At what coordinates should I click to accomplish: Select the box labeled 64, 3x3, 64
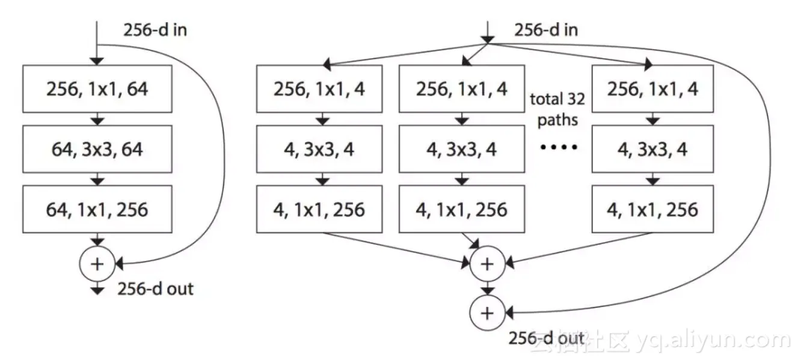(x=97, y=149)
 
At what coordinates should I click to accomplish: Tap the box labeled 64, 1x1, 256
(x=97, y=209)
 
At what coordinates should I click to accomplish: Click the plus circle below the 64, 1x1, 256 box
(x=97, y=263)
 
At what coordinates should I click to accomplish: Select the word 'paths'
(x=557, y=120)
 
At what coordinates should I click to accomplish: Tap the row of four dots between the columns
(x=557, y=147)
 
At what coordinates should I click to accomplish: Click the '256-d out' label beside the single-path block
(x=155, y=289)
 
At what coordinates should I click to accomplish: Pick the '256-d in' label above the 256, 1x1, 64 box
(x=155, y=30)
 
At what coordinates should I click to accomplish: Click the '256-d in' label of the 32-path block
(x=546, y=30)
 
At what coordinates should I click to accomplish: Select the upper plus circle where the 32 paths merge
(x=488, y=264)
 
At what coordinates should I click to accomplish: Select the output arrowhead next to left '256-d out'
(x=97, y=291)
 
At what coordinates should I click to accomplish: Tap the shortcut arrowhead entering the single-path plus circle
(x=118, y=263)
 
